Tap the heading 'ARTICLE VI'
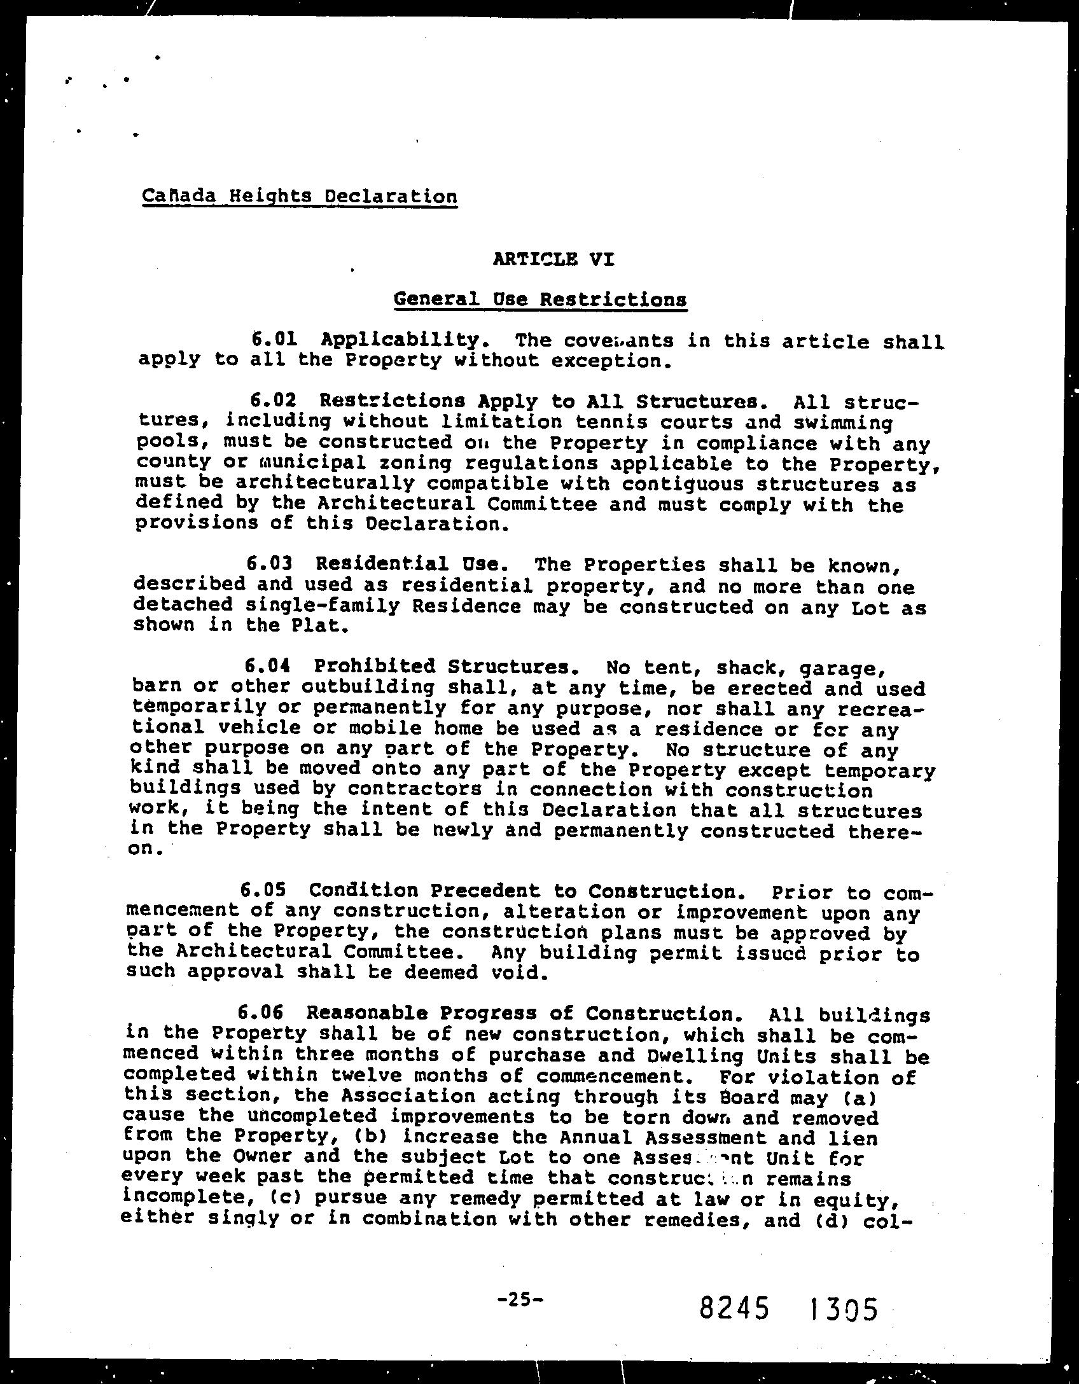tap(553, 259)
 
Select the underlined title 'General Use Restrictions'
tap(540, 299)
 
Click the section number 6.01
tap(274, 339)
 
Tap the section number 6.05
tap(263, 890)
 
